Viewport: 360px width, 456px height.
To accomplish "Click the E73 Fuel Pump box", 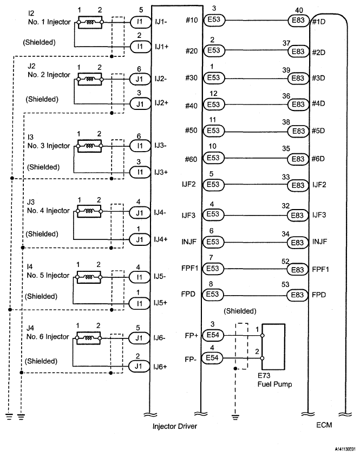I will (273, 347).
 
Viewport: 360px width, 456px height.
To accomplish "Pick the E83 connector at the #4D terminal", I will (297, 104).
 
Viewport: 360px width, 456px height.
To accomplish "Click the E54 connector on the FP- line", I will (212, 358).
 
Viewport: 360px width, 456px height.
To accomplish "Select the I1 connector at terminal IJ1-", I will (140, 22).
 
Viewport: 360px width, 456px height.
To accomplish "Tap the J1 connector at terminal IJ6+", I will (140, 367).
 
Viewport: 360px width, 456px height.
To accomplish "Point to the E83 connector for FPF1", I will (297, 269).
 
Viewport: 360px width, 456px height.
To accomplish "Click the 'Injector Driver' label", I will (175, 427).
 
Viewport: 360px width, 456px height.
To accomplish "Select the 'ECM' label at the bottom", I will (324, 426).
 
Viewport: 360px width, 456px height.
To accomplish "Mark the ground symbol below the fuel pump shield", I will (234, 416).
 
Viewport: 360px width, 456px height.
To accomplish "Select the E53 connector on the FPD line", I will (213, 295).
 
